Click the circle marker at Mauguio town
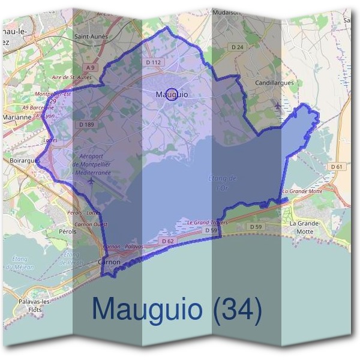point(172,94)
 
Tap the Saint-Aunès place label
point(90,36)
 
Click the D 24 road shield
point(238,47)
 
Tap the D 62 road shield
point(167,241)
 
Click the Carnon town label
point(109,262)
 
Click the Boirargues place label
point(25,161)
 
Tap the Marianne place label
point(17,118)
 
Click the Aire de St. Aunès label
point(71,77)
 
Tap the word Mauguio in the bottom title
point(147,309)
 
